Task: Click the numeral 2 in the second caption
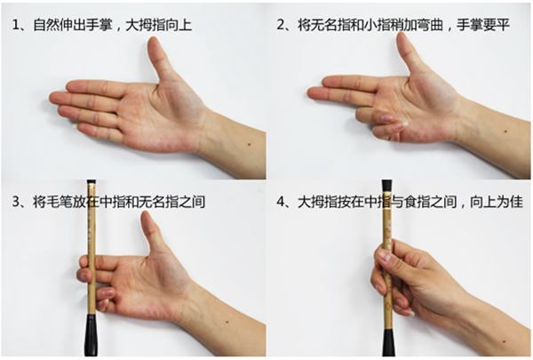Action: [x=282, y=25]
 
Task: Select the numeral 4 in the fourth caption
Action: [x=282, y=203]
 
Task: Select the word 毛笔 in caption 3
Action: [x=59, y=203]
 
